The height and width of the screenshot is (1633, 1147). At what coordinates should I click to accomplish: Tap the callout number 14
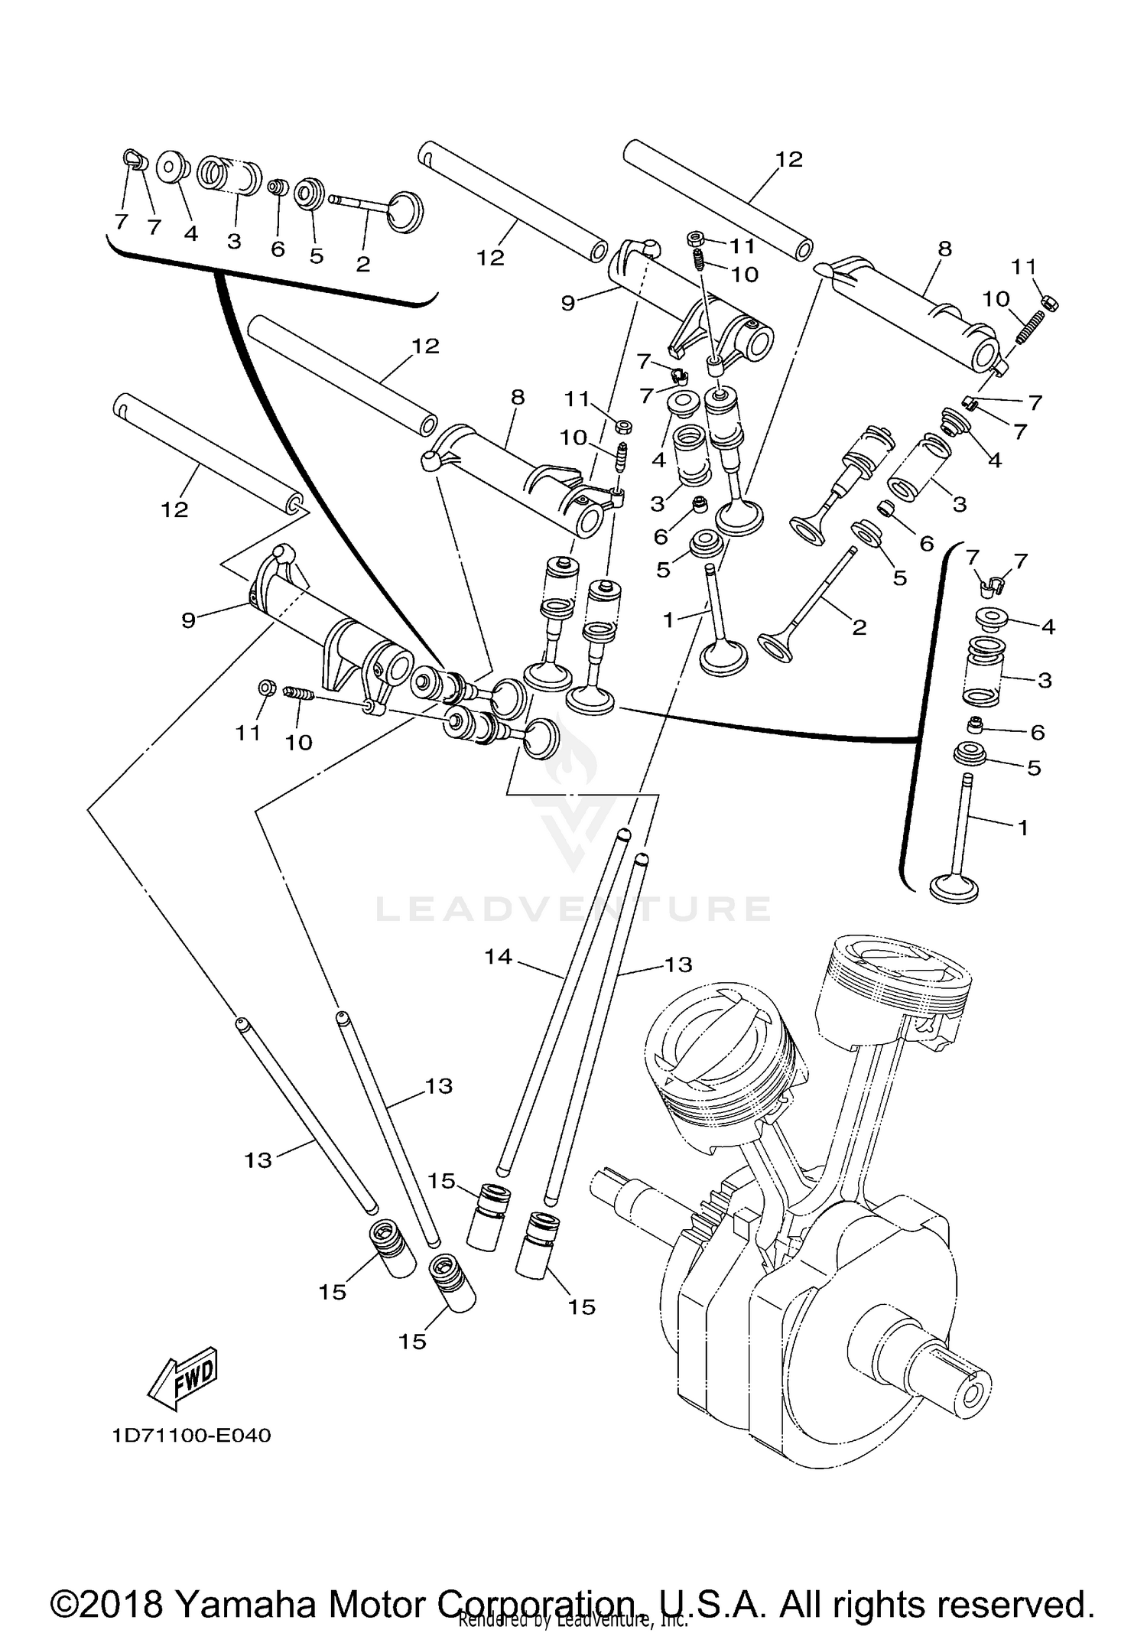(498, 956)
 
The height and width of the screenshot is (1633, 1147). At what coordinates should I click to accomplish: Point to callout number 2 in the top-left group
(363, 264)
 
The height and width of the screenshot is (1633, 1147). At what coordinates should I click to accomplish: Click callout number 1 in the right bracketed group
(1022, 828)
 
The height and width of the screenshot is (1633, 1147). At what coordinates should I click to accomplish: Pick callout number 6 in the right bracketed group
(1037, 732)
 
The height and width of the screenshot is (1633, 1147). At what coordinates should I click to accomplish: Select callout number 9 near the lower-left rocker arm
(189, 620)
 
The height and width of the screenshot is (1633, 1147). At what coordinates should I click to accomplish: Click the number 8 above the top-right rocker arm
(944, 249)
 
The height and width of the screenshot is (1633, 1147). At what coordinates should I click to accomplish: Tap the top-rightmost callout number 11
(1024, 267)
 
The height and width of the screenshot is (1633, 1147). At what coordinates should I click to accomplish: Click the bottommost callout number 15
(412, 1341)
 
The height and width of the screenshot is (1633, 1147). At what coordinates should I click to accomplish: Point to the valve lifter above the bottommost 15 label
(451, 1283)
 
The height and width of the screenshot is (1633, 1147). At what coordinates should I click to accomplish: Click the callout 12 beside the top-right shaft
(790, 159)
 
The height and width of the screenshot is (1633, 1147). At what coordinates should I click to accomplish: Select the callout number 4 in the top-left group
(190, 233)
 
